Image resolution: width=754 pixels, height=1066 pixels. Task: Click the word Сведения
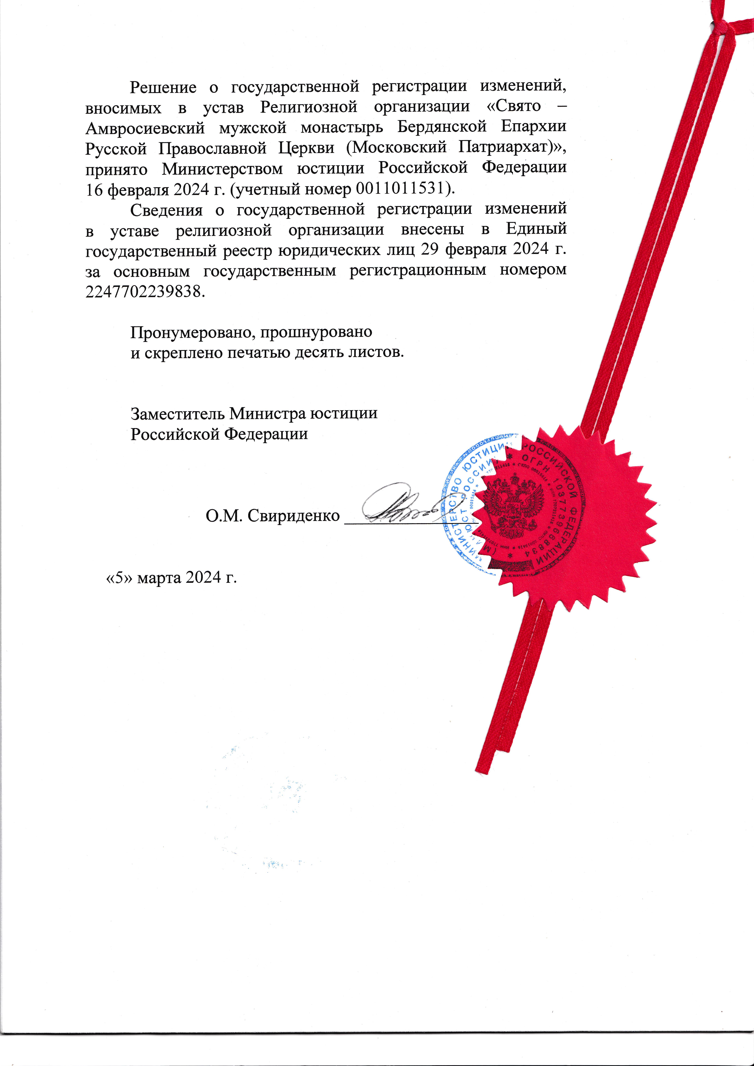click(x=166, y=210)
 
